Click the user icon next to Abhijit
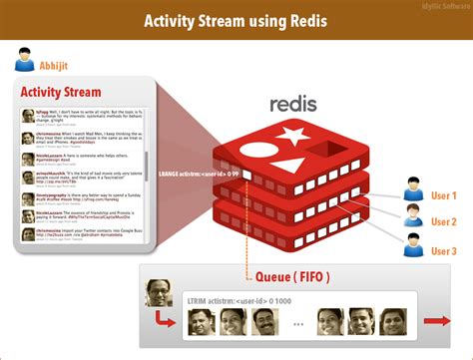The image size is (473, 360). pyautogui.click(x=25, y=61)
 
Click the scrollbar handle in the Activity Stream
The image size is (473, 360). pyautogui.click(x=147, y=165)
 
